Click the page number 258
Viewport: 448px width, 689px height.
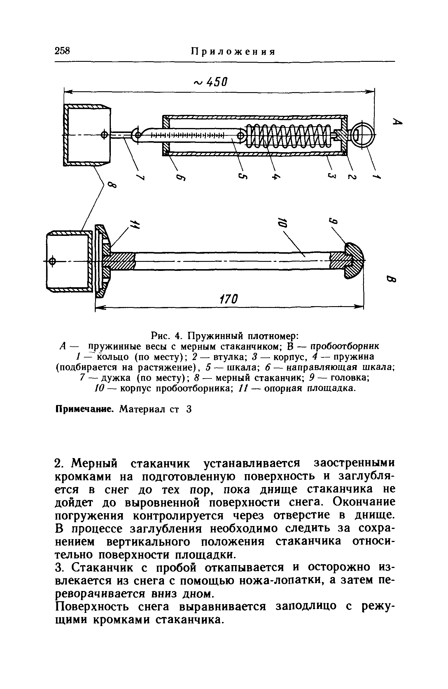click(62, 51)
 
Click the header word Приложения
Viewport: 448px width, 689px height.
click(233, 52)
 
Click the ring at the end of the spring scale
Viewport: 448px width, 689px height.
click(363, 135)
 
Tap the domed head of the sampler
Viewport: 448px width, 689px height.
click(354, 261)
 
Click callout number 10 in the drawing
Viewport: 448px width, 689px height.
click(282, 222)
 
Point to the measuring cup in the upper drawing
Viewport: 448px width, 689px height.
click(87, 135)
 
